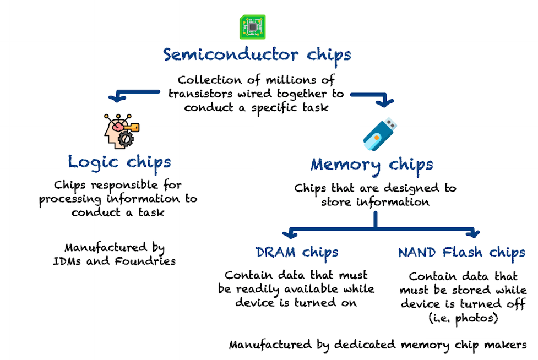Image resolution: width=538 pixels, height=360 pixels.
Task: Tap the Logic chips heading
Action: [119, 162]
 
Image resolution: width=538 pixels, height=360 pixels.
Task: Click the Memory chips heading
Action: [372, 164]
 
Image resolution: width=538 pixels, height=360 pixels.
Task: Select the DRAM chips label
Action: [297, 252]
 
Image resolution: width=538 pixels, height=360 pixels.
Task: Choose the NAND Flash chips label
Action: [461, 253]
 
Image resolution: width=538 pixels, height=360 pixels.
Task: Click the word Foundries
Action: [145, 261]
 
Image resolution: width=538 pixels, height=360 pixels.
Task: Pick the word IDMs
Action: [68, 261]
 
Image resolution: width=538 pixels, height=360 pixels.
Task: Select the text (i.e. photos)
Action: [463, 318]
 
